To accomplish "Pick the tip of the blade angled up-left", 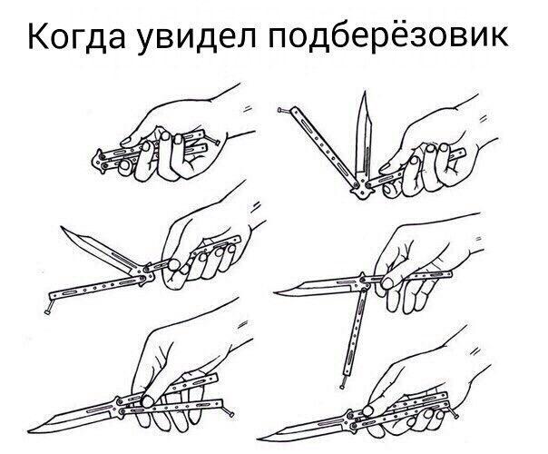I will pos(64,227).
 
